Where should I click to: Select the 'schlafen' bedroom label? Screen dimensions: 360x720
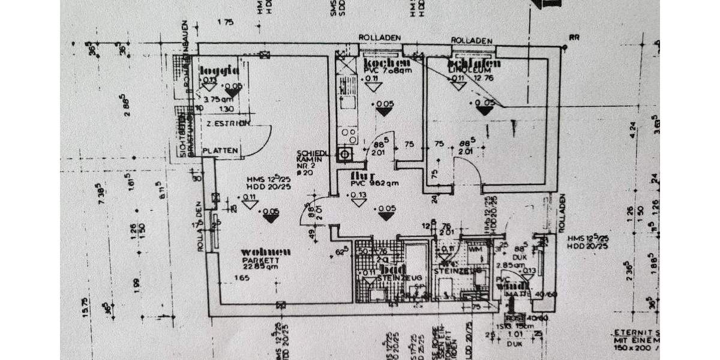466,63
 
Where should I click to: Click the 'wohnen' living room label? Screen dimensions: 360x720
266,251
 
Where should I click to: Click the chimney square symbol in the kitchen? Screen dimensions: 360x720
344,154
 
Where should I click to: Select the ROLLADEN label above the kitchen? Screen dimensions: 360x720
379,38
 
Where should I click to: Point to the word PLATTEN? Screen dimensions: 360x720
221,150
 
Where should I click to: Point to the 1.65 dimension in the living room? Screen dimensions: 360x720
241,278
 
